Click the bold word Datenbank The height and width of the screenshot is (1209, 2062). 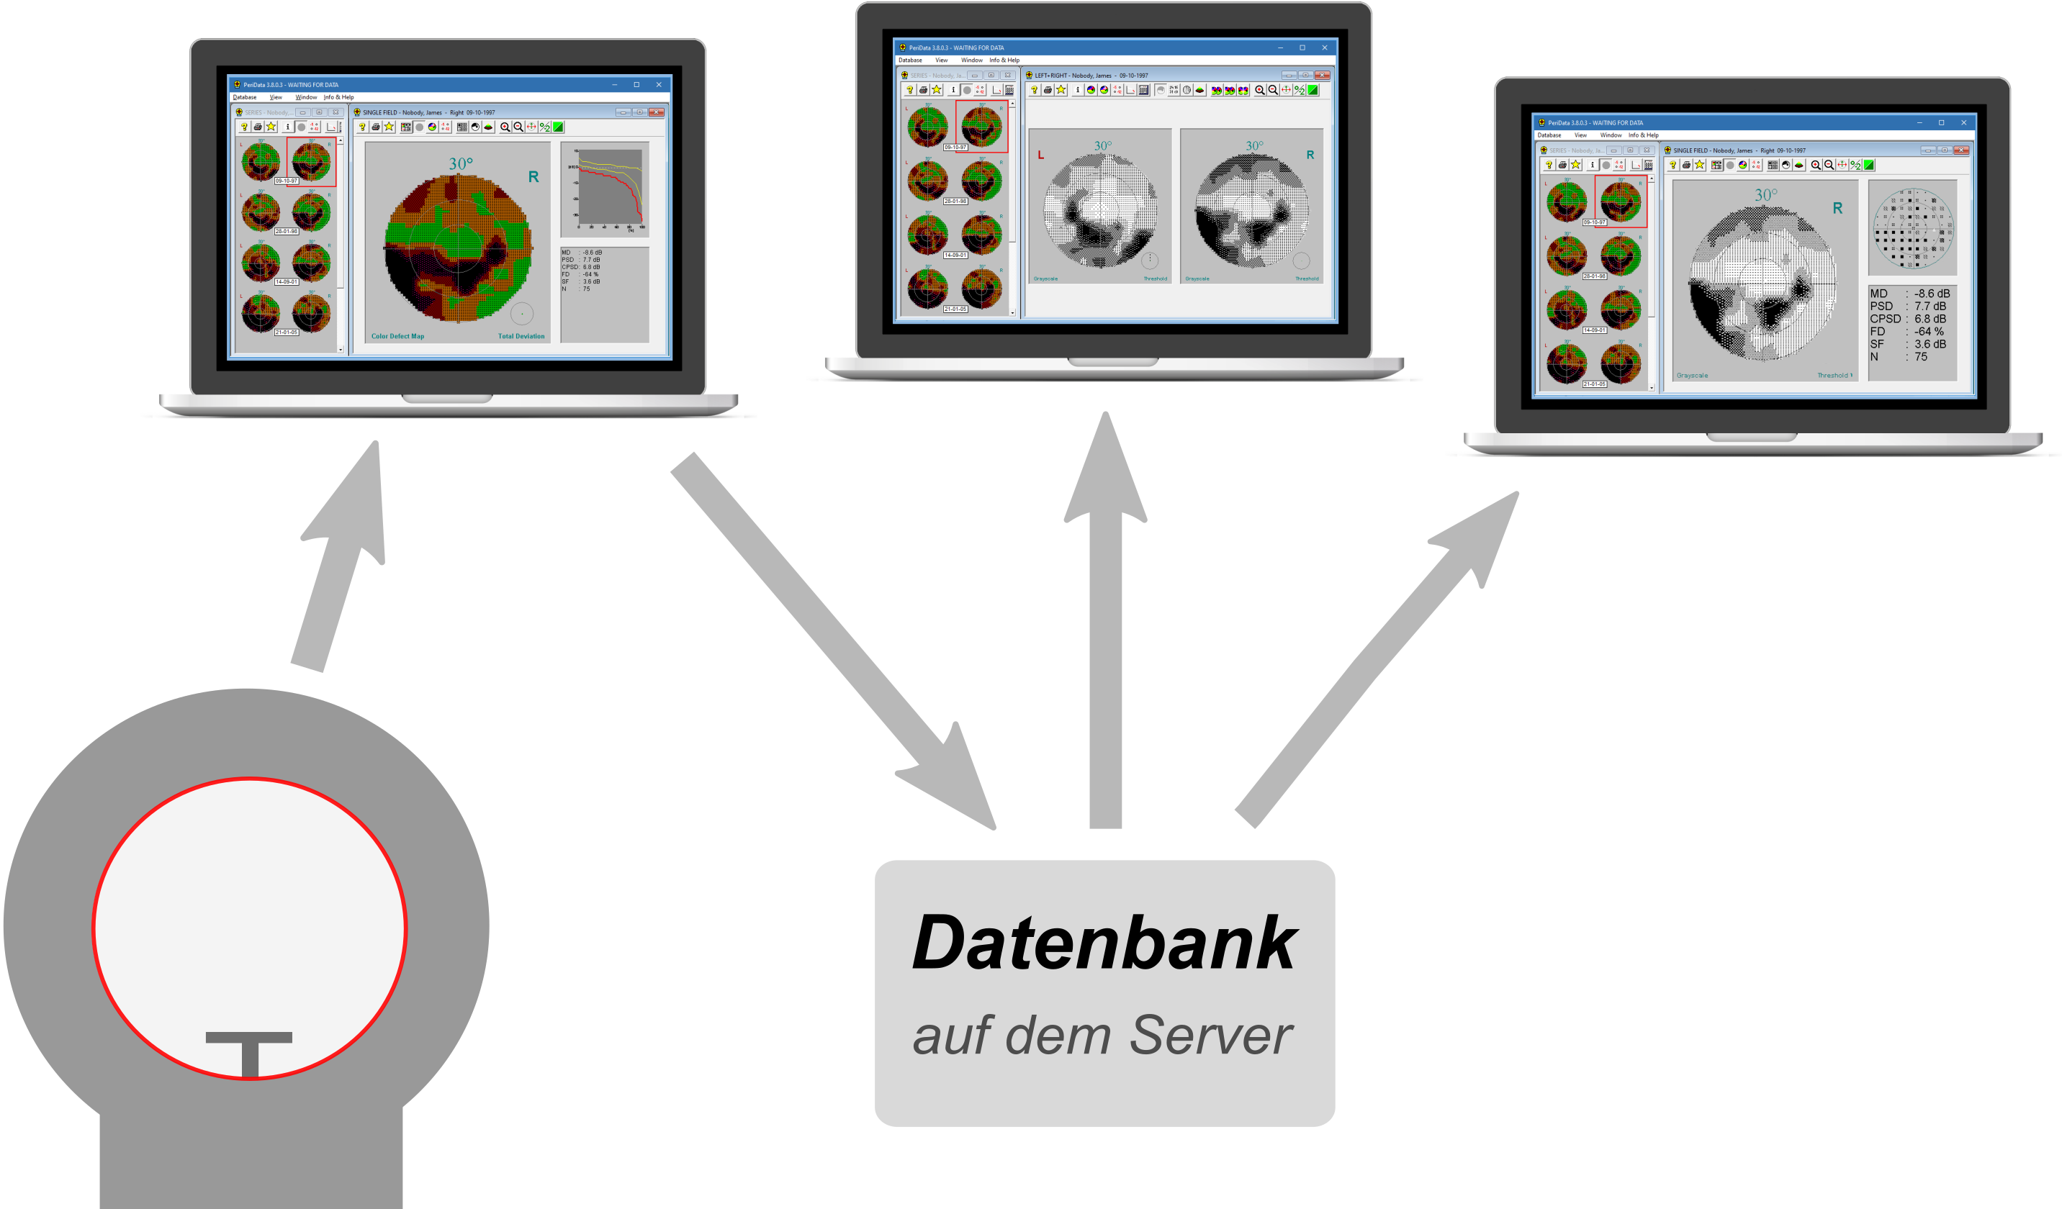click(x=1104, y=943)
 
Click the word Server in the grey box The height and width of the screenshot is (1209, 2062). click(x=1210, y=1036)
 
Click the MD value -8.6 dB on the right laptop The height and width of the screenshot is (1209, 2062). click(x=1931, y=294)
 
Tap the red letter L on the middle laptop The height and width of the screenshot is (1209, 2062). click(x=1041, y=155)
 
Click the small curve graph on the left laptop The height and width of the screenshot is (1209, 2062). click(x=605, y=190)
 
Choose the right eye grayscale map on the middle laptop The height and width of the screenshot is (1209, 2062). click(x=1251, y=211)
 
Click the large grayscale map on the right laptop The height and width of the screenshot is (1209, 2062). click(x=1762, y=283)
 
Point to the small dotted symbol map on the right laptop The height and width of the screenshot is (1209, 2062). click(x=1913, y=228)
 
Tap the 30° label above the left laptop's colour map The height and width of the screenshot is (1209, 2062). click(x=461, y=163)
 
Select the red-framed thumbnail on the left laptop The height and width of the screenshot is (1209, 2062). click(x=311, y=161)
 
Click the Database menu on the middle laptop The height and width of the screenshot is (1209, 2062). click(x=910, y=60)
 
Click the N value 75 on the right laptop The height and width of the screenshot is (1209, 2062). click(x=1920, y=357)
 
